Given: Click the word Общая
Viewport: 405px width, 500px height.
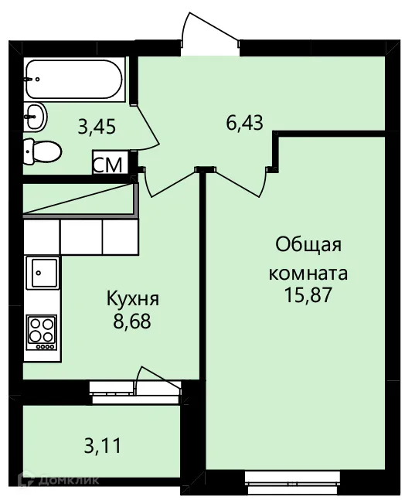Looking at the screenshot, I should coord(308,247).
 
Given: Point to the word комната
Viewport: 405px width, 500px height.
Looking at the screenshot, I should coord(308,274).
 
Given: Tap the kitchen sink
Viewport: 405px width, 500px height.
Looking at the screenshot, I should coord(41,272).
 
